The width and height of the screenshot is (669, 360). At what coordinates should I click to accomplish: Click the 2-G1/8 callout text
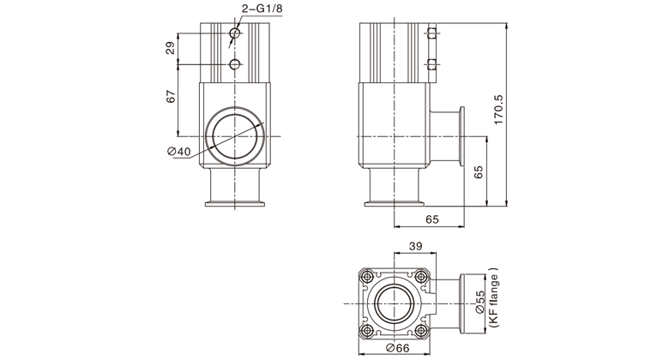point(262,8)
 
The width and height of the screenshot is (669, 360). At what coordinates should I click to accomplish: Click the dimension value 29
point(171,48)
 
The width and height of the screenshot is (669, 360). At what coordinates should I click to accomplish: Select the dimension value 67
point(171,97)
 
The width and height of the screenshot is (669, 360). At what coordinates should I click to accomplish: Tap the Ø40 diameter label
point(179,152)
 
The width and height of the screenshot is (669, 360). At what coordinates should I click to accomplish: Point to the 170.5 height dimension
point(498,110)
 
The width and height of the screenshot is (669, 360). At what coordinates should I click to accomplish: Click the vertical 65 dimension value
point(479,172)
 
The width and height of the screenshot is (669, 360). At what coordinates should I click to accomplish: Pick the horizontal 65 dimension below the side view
point(431,219)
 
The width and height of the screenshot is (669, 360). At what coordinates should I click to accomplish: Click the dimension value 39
point(415,246)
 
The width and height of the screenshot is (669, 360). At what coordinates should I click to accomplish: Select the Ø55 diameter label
point(480,303)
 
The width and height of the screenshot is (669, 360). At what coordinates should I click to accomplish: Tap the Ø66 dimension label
point(398,348)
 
